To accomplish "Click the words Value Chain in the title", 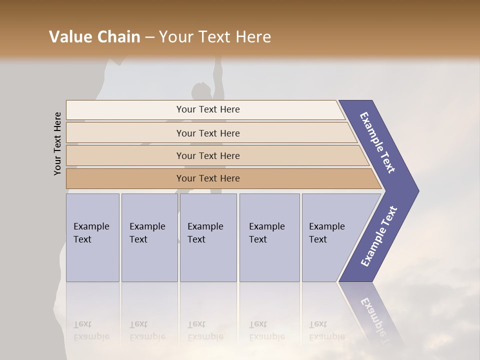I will (x=94, y=37).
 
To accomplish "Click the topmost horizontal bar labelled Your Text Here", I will (x=207, y=109).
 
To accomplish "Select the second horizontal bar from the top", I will (x=207, y=133).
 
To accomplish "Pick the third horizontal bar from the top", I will (x=207, y=155).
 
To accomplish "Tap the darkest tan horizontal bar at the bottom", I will (x=207, y=178).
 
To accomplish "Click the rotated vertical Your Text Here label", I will (x=57, y=144).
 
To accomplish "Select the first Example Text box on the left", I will (x=92, y=237).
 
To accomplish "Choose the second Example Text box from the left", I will (x=149, y=237).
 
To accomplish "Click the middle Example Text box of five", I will (x=208, y=237).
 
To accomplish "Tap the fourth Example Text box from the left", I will (x=269, y=237).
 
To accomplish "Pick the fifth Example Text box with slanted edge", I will (x=330, y=237).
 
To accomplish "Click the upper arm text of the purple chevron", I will (x=377, y=142).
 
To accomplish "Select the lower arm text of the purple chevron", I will (x=379, y=236).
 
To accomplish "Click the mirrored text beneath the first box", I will (x=91, y=330).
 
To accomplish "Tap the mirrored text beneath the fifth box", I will (x=326, y=330).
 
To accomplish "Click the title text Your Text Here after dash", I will (x=215, y=37).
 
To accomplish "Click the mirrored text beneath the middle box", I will (x=205, y=330).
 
